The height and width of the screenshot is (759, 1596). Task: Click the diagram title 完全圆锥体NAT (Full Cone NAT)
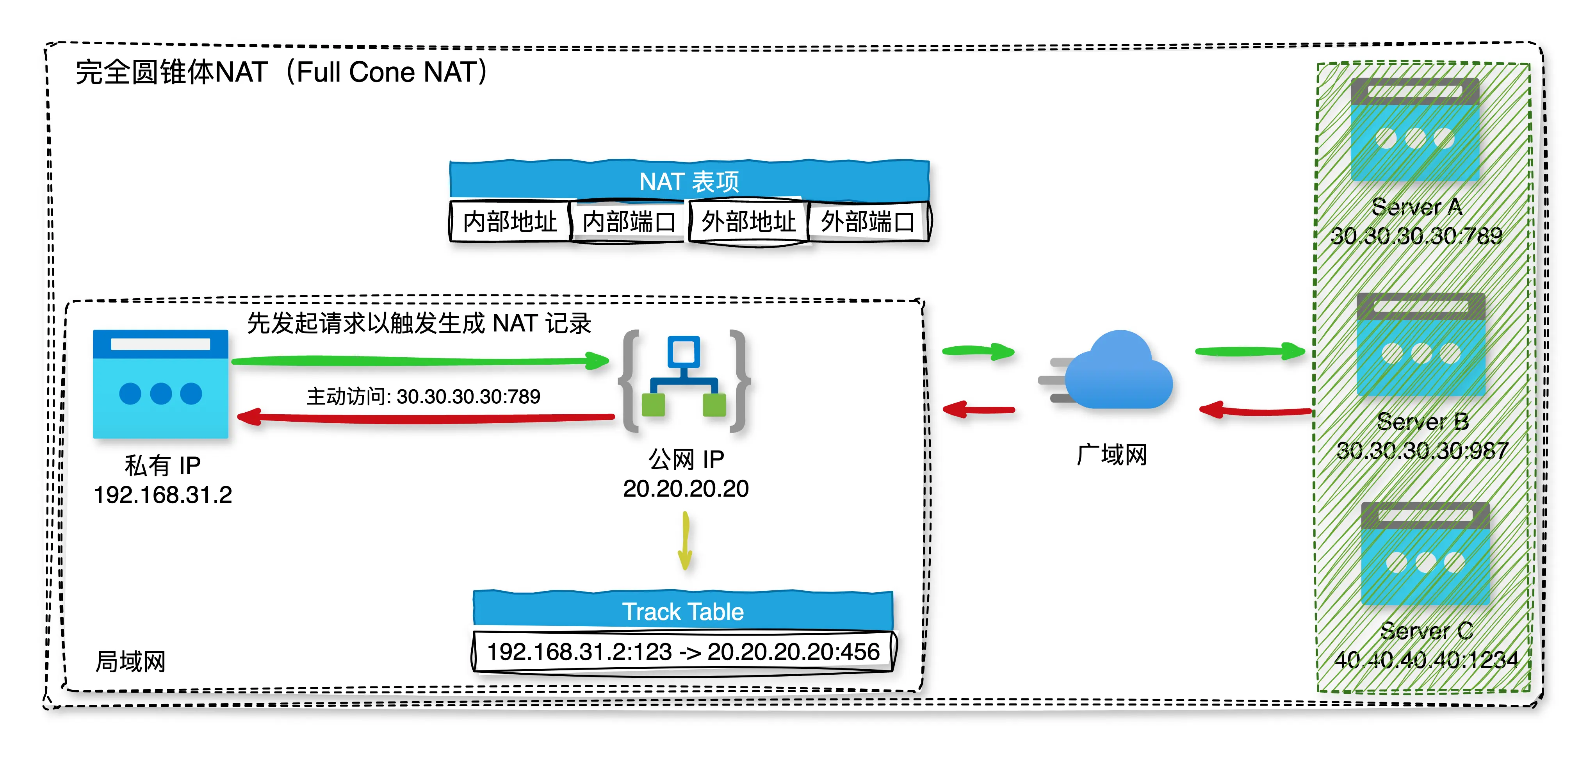pos(282,73)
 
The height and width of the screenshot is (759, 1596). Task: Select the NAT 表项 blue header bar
pos(689,181)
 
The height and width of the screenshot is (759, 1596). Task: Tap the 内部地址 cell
pos(509,221)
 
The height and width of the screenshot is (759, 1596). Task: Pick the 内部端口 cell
pos(628,221)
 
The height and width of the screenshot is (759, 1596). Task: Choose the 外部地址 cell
pos(748,221)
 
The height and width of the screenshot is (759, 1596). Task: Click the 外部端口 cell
pos(867,221)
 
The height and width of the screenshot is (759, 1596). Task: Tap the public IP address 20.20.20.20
pos(686,489)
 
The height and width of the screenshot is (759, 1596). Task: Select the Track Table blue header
pos(683,611)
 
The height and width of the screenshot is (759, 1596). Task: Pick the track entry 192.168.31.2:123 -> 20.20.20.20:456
pos(683,652)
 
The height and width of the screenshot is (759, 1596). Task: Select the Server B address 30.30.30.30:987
pos(1423,451)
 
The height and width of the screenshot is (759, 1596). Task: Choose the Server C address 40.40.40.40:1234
pos(1426,660)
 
